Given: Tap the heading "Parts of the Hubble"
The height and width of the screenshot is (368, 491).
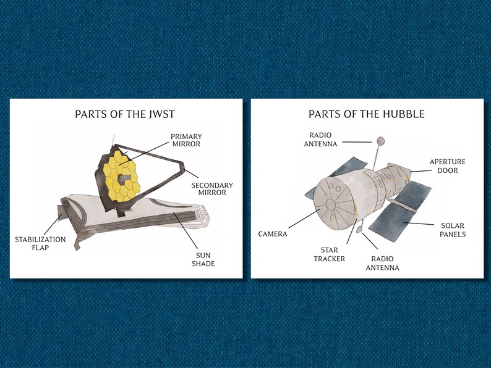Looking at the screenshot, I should [x=367, y=114].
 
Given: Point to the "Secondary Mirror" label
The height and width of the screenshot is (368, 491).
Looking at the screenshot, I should [x=212, y=188].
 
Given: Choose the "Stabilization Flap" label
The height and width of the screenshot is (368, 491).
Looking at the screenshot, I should [x=40, y=243].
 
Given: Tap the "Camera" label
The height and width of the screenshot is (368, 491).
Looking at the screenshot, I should [x=273, y=234].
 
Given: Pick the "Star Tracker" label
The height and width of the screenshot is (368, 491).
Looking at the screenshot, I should [x=329, y=254].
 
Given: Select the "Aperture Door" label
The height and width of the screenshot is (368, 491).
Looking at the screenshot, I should [x=448, y=166].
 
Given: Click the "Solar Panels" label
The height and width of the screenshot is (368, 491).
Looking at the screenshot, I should [x=453, y=230].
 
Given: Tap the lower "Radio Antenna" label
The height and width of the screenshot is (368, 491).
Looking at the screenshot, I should [x=382, y=263].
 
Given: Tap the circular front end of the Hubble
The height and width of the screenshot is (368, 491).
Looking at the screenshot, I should [x=330, y=204].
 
